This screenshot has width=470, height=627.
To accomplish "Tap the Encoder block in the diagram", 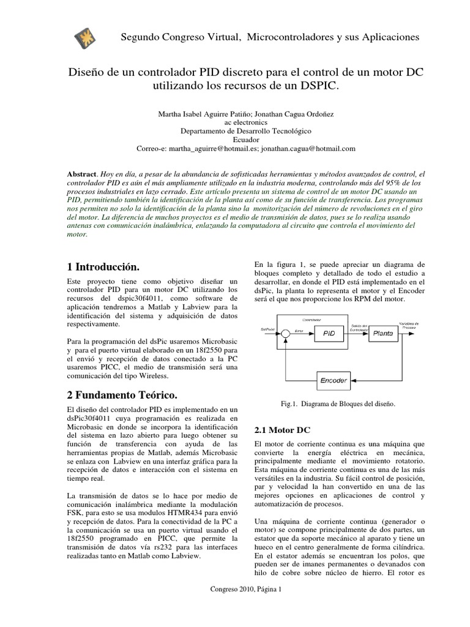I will click(334, 380).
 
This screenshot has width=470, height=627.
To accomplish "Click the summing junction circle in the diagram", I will click(285, 334).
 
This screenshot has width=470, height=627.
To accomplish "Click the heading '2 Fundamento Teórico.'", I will click(125, 392).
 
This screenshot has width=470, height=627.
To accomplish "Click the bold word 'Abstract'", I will click(81, 175).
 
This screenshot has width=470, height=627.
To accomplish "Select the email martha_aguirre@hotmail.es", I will click(211, 148).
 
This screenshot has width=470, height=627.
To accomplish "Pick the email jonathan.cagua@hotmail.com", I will click(310, 148).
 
